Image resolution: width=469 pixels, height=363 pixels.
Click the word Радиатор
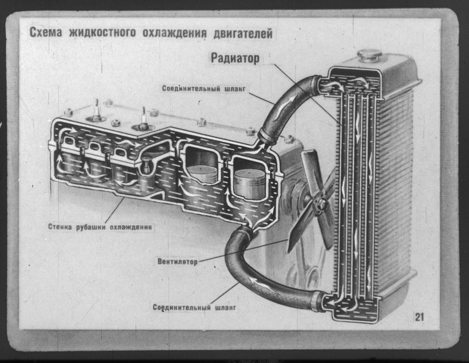tap(235, 58)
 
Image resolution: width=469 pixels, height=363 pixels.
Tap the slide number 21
tap(419, 317)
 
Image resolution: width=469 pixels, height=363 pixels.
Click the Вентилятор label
tap(177, 261)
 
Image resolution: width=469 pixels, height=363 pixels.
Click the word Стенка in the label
tap(59, 227)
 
